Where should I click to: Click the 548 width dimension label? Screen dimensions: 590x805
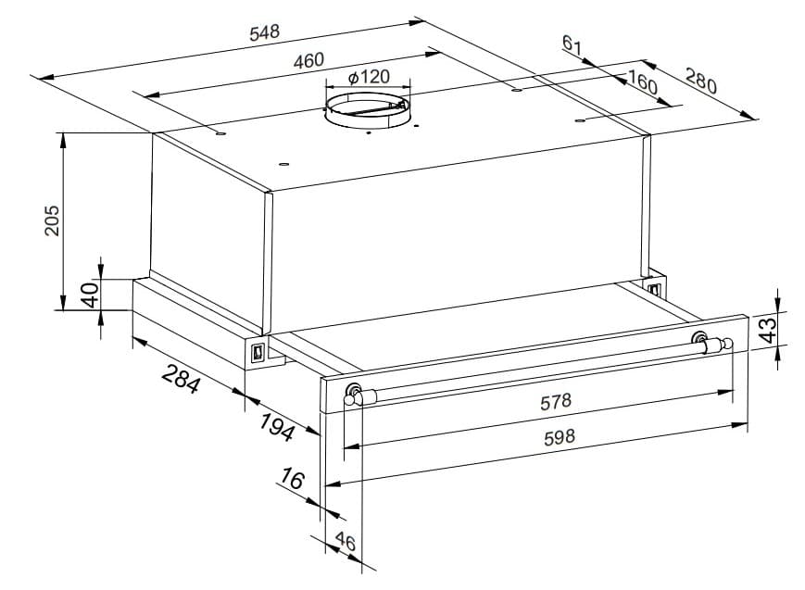266,32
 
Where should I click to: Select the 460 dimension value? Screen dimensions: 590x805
308,60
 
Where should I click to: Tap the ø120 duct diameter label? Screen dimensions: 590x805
369,77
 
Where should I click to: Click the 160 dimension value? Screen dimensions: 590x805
641,83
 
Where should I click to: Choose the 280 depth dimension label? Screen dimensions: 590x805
701,81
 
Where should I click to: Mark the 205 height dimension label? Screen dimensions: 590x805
52,220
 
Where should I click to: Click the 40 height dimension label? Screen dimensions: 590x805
90,295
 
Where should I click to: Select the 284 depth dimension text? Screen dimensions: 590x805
181,379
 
